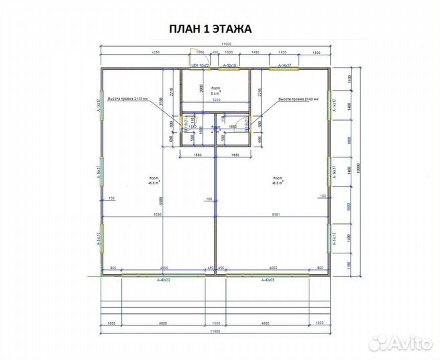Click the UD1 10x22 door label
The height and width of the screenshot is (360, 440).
click(x=201, y=66)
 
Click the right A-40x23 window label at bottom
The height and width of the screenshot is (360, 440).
click(x=268, y=279)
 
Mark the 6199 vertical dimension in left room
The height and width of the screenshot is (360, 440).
click(x=161, y=199)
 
